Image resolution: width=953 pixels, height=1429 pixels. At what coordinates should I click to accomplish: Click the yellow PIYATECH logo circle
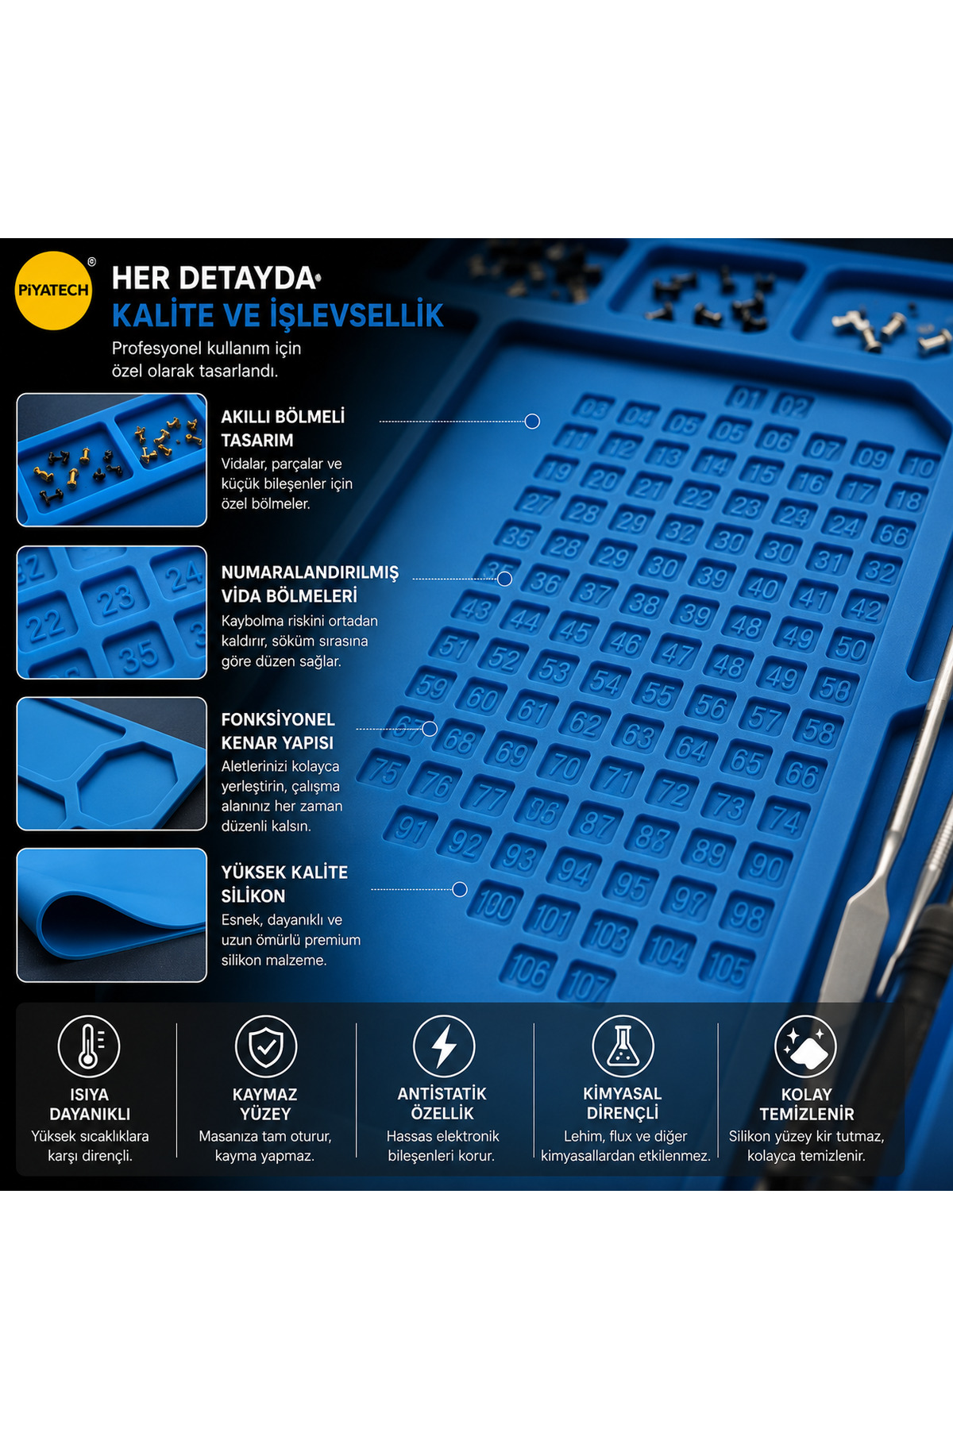pyautogui.click(x=54, y=291)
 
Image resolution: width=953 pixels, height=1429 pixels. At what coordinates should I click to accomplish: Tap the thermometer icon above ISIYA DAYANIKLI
pyautogui.click(x=89, y=1046)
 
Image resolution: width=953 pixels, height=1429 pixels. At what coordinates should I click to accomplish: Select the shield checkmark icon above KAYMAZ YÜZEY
pyautogui.click(x=266, y=1046)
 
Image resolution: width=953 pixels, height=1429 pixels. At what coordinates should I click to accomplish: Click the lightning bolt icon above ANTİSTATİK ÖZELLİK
pyautogui.click(x=444, y=1046)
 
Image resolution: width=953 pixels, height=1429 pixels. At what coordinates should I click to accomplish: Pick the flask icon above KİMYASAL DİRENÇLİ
pyautogui.click(x=623, y=1046)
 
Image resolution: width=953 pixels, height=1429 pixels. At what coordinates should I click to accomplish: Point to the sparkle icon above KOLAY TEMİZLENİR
pyautogui.click(x=806, y=1046)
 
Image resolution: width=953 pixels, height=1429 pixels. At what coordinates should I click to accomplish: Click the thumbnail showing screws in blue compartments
pyautogui.click(x=112, y=460)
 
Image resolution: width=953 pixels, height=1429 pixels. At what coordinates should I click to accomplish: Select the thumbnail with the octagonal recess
pyautogui.click(x=112, y=764)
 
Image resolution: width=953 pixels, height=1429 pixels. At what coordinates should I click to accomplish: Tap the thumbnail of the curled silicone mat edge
pyautogui.click(x=112, y=915)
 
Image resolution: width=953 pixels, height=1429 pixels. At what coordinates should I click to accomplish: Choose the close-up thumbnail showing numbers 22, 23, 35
pyautogui.click(x=112, y=612)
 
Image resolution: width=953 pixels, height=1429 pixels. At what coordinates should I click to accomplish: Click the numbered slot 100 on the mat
pyautogui.click(x=496, y=904)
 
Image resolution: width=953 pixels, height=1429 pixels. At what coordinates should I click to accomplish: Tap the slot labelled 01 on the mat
pyautogui.click(x=747, y=398)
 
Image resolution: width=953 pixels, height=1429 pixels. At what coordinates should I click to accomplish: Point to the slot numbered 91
pyautogui.click(x=411, y=828)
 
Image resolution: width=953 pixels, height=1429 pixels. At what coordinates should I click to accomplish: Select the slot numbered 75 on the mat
pyautogui.click(x=384, y=771)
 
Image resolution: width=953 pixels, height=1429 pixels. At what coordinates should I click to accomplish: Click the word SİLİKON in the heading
pyautogui.click(x=253, y=896)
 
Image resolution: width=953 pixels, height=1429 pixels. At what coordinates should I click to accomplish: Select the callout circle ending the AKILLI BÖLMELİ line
pyautogui.click(x=533, y=422)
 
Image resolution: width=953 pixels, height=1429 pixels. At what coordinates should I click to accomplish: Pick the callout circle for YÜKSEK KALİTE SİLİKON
pyautogui.click(x=460, y=889)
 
